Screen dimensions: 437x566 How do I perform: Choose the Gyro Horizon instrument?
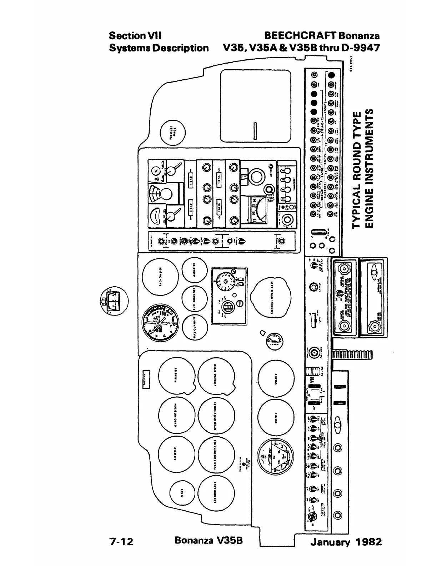176,417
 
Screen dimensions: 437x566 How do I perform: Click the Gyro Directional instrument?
217,417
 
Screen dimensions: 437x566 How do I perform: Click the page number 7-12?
121,542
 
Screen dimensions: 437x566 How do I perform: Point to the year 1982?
368,542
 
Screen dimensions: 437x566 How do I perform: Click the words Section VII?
135,36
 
